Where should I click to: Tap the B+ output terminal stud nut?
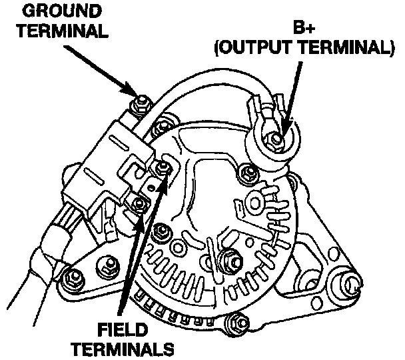coord(276,139)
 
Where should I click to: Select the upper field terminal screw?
coord(164,167)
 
